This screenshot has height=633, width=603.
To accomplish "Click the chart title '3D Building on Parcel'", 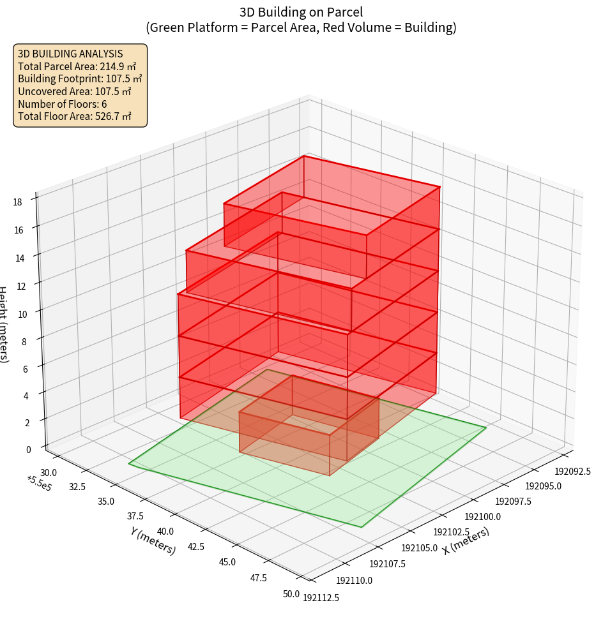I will click(x=301, y=11).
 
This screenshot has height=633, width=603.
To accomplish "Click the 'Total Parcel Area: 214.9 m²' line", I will click(x=77, y=66).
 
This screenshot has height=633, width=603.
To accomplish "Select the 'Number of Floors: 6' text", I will click(x=63, y=104).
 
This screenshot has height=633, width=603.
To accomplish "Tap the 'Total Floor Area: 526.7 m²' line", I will click(x=75, y=117).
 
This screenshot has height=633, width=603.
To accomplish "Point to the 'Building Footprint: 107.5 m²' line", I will click(x=80, y=79).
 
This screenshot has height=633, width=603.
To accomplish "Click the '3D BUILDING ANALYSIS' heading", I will click(x=70, y=54).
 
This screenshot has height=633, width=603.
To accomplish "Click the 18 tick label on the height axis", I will click(x=17, y=202).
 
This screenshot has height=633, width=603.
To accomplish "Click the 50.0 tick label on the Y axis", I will click(x=291, y=594).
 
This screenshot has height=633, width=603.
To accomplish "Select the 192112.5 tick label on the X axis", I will click(x=321, y=598).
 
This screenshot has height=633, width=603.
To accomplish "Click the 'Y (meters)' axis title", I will click(x=153, y=540).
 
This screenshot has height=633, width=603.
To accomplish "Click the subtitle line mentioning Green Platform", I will click(x=301, y=27).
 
